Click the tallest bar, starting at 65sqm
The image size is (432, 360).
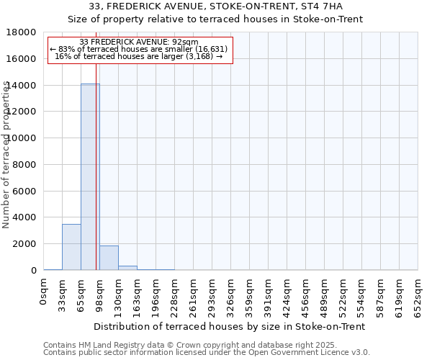[90, 176]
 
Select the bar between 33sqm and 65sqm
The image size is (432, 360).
[71, 247]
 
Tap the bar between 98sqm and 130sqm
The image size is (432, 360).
[109, 258]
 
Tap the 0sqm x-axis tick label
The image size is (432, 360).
[43, 293]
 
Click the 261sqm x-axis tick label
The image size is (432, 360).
[193, 296]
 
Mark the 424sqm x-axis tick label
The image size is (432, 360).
[287, 296]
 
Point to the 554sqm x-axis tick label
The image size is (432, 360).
[361, 296]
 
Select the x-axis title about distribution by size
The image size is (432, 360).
[230, 326]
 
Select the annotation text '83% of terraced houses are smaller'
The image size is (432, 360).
[140, 49]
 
